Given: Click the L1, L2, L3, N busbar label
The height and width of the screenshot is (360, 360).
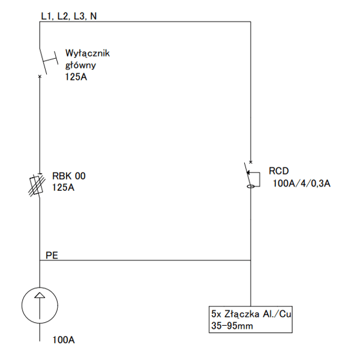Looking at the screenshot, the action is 69,16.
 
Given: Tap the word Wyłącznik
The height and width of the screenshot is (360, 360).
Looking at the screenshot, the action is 88,53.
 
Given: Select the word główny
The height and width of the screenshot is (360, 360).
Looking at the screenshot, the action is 80,65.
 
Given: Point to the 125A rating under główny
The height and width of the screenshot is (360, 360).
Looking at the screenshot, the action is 76,77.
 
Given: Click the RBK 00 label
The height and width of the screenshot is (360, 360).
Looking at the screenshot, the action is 69,176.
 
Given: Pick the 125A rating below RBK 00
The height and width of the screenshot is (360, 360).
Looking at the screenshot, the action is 64,188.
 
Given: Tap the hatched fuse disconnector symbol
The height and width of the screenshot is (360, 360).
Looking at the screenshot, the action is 37,185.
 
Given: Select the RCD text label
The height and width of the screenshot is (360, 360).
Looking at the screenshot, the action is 279,171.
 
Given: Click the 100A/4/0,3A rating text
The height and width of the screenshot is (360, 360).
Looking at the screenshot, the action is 301,184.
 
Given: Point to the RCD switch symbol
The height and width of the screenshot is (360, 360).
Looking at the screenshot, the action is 252,175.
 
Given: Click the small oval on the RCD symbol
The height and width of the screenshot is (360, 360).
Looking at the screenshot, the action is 250,187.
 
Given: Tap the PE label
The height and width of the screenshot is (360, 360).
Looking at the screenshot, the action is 52,256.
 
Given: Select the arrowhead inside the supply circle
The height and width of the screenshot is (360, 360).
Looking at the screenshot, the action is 40,295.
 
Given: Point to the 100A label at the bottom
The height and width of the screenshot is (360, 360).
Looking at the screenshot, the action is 64,340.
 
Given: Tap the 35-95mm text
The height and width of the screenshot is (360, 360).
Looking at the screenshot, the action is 232,326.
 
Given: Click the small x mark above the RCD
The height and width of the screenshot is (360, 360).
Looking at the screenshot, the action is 251,162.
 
